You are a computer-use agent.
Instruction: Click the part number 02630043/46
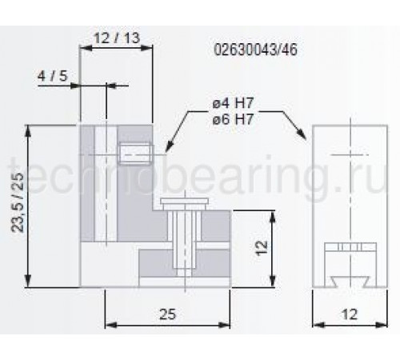tap(255, 50)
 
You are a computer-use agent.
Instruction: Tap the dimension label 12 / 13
tap(117, 38)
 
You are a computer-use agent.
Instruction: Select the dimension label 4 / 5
tap(53, 76)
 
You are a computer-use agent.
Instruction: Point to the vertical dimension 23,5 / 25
tap(18, 202)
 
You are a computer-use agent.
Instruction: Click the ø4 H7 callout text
tap(233, 103)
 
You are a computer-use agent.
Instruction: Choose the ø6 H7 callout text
tap(233, 118)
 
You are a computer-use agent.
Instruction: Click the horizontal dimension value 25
tap(168, 314)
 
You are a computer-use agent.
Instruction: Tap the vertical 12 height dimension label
tap(262, 248)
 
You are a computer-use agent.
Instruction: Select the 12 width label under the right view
tap(349, 314)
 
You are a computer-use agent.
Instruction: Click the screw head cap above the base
tap(184, 201)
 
